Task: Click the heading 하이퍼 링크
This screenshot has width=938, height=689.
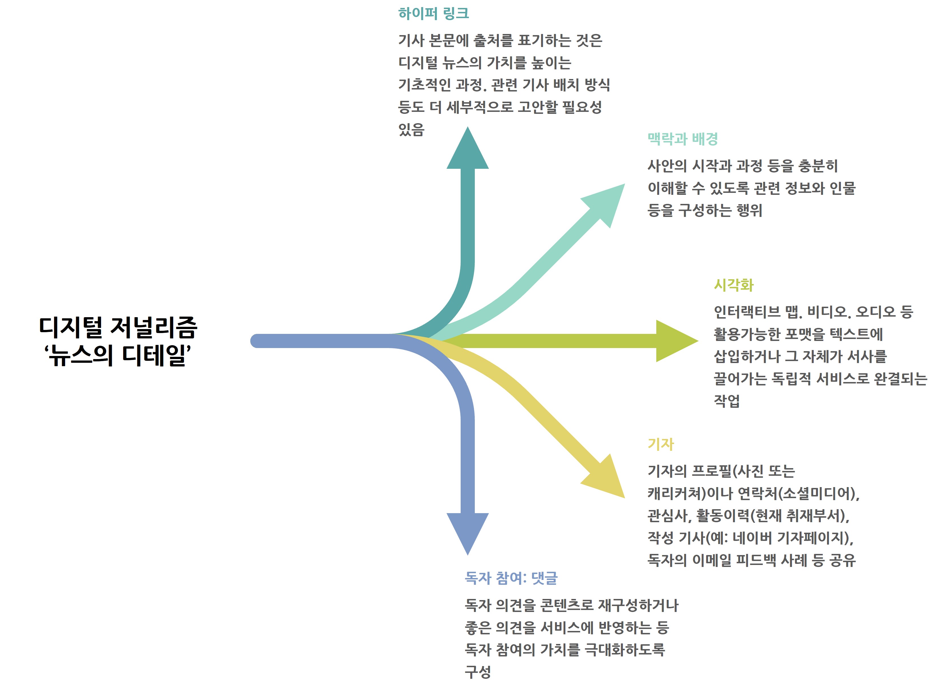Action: [433, 14]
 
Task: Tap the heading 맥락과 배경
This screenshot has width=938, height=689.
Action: [682, 139]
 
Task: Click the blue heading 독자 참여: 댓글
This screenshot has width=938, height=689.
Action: [511, 578]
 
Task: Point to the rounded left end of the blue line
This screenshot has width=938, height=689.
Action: [257, 341]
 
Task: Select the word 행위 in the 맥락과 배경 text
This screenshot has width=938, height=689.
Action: [749, 210]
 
